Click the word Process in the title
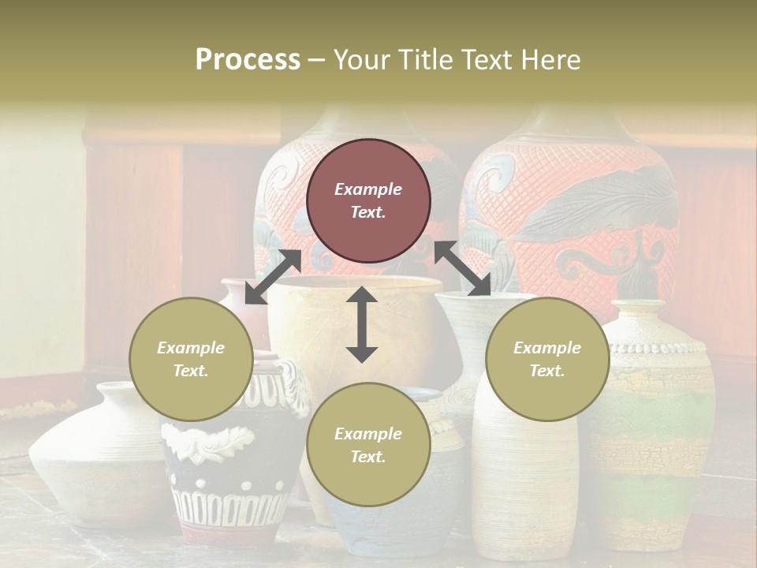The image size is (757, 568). [248, 60]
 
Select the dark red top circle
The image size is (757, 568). [368, 200]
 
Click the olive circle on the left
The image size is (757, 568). [191, 359]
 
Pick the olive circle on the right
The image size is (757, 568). [546, 359]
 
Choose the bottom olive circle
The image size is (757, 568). [368, 445]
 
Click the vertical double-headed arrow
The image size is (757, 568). [362, 324]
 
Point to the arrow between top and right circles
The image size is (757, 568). [463, 268]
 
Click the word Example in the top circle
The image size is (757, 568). [368, 189]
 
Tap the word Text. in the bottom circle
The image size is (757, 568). [368, 457]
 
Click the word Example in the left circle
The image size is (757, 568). [191, 348]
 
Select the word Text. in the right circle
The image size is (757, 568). [546, 371]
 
